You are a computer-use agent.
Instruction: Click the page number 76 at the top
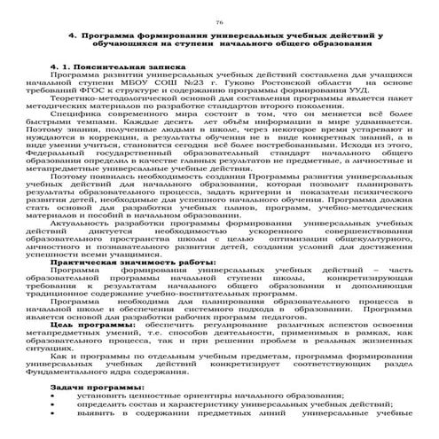click(219, 19)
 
